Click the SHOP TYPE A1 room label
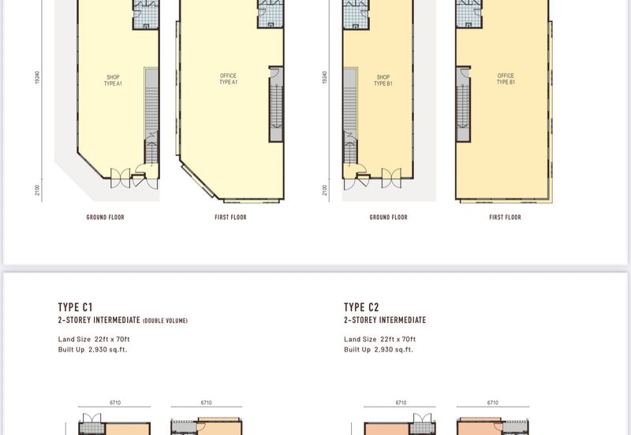pyautogui.click(x=113, y=80)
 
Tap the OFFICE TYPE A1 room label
pyautogui.click(x=228, y=79)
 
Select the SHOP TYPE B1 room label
pyautogui.click(x=383, y=80)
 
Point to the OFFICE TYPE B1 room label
pyautogui.click(x=506, y=79)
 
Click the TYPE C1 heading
pyautogui.click(x=75, y=307)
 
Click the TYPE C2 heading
pyautogui.click(x=361, y=307)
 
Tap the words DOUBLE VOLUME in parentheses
pyautogui.click(x=166, y=321)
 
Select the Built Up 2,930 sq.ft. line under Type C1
pyautogui.click(x=92, y=349)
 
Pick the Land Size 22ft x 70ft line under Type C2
pyautogui.click(x=380, y=339)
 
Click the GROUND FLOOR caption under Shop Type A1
pyautogui.click(x=106, y=217)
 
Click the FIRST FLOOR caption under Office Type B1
pyautogui.click(x=505, y=217)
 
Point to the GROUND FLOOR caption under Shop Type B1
pyautogui.click(x=388, y=217)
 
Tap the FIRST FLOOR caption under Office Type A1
pyautogui.click(x=230, y=217)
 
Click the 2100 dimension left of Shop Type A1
pyautogui.click(x=37, y=190)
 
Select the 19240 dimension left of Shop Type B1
pyautogui.click(x=324, y=77)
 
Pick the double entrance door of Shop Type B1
pyautogui.click(x=391, y=177)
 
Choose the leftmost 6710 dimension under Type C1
pyautogui.click(x=115, y=403)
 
